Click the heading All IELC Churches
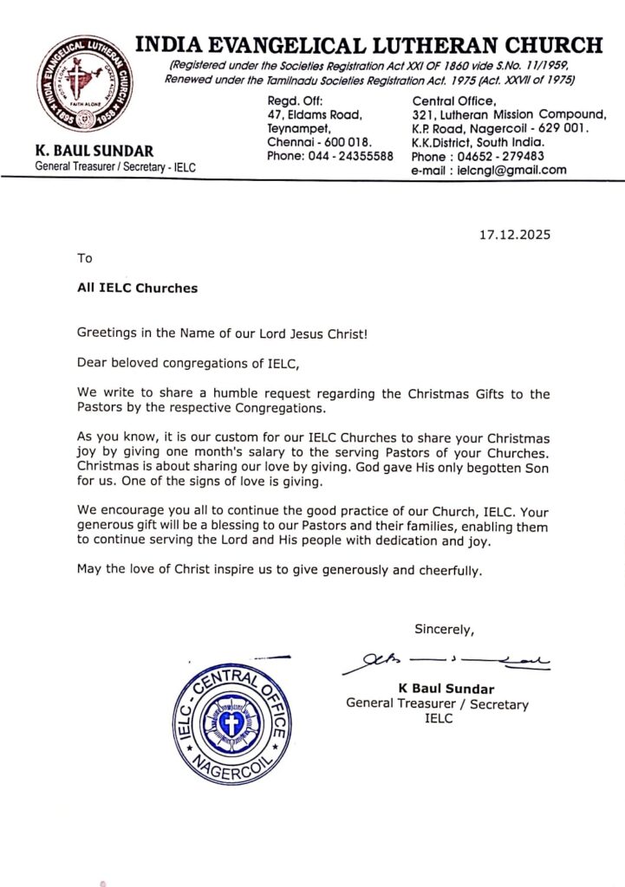(x=137, y=288)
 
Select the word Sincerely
(x=444, y=629)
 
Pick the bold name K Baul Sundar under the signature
(x=446, y=689)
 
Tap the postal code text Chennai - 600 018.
(x=319, y=142)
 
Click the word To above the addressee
(x=84, y=257)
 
